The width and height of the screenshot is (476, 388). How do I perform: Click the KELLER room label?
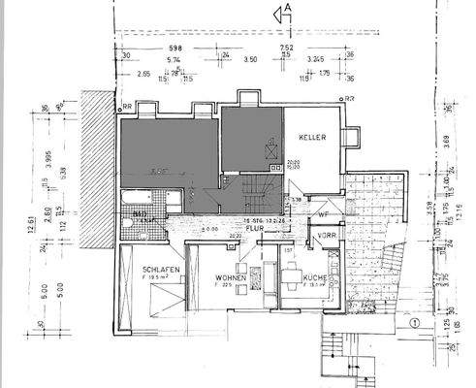pyautogui.click(x=310, y=138)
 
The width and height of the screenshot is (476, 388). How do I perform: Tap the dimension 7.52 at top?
pyautogui.click(x=287, y=47)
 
